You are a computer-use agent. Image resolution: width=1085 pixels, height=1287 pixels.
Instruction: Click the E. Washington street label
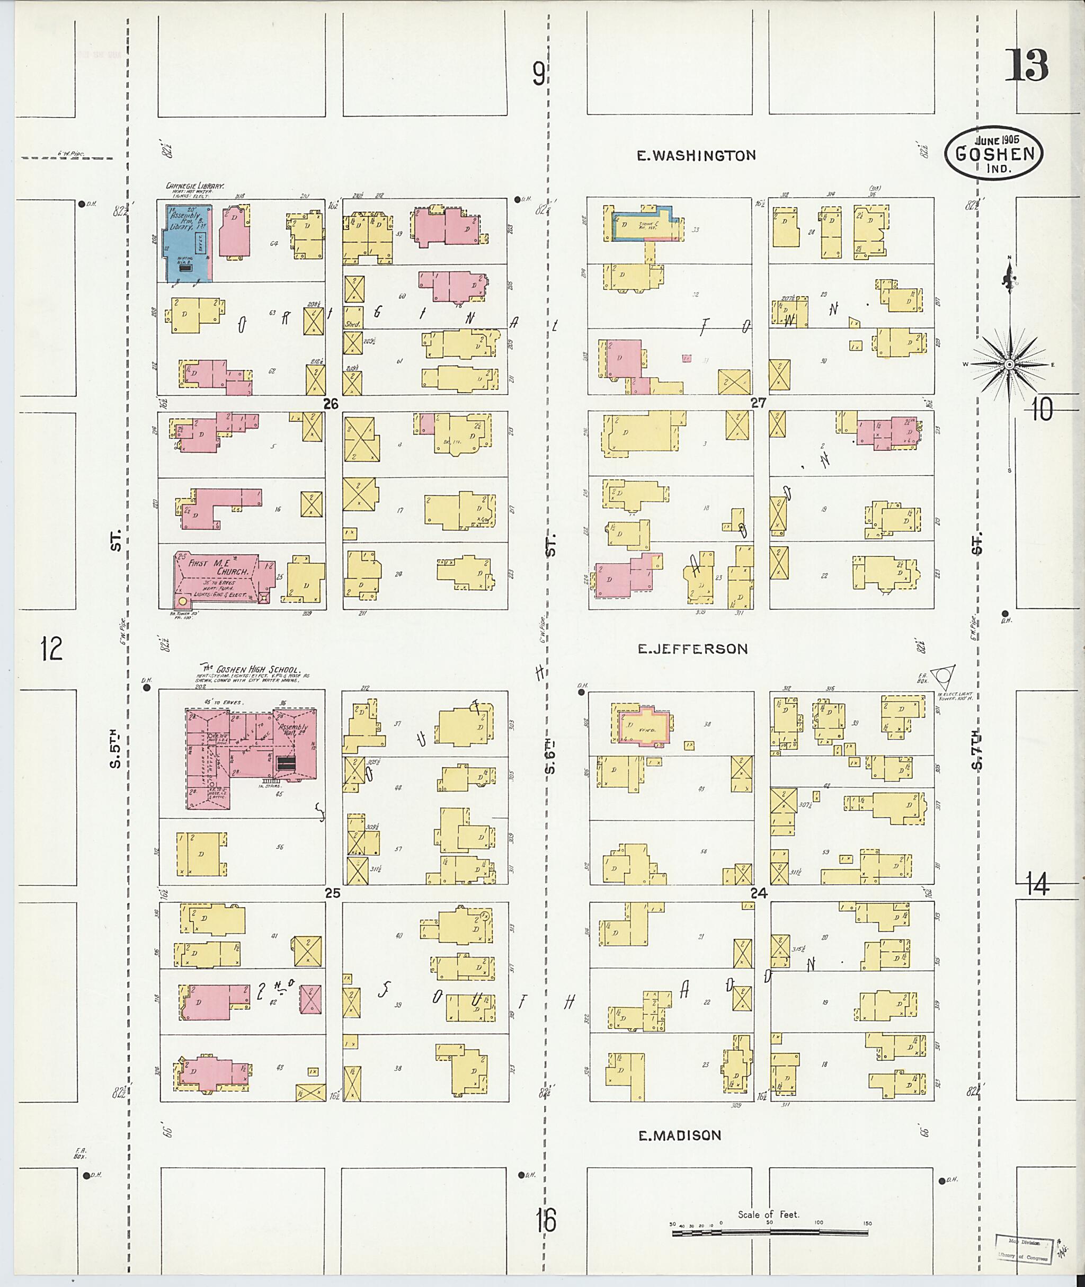pos(696,156)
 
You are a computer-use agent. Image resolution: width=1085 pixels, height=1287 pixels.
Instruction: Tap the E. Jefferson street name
pos(692,649)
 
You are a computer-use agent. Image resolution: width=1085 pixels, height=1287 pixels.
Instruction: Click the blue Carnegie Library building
pos(184,244)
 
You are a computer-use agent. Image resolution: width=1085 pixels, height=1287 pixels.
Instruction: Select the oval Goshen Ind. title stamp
pos(993,153)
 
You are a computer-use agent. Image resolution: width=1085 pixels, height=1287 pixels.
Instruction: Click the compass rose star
pos(1009,365)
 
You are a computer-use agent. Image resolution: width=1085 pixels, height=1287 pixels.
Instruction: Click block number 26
pos(332,404)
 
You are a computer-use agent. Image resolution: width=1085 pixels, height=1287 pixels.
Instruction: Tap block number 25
pos(332,893)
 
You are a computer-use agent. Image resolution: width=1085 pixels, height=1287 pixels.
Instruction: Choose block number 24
pos(759,893)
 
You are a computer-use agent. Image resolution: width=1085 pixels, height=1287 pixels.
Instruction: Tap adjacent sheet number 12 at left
pos(52,649)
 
